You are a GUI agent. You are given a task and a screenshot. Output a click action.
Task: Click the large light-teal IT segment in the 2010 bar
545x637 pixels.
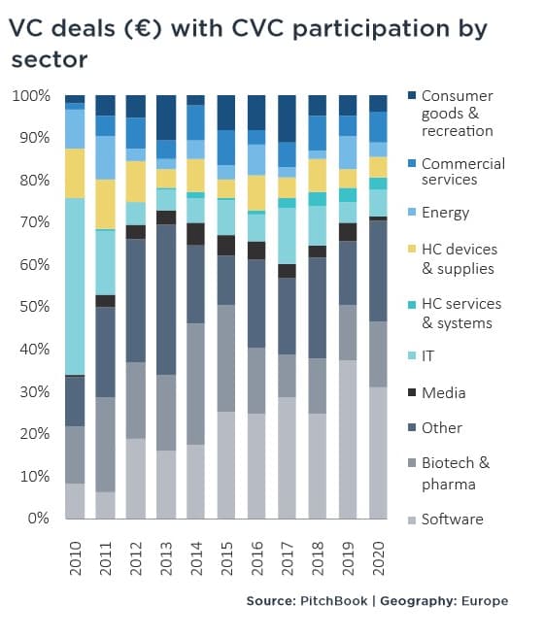(x=75, y=286)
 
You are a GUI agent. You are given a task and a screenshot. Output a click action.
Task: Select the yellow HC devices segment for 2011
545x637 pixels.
(x=105, y=204)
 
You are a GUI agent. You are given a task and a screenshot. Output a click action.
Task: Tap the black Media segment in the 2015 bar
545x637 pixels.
(x=226, y=245)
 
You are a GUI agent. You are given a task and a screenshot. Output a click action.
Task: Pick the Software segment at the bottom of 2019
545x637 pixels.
(x=348, y=439)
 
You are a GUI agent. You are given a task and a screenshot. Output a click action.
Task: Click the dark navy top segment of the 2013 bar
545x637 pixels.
(x=166, y=117)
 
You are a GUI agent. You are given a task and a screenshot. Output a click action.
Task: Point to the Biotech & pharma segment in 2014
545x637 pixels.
(x=196, y=384)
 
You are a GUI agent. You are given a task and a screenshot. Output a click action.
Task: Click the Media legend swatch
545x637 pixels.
(x=412, y=392)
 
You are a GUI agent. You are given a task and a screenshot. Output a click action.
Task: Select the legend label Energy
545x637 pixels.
(x=446, y=212)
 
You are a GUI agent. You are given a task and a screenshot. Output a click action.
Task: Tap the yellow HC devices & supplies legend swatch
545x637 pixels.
(x=412, y=249)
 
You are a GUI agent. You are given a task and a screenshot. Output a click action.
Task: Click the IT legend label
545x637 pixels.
(x=427, y=355)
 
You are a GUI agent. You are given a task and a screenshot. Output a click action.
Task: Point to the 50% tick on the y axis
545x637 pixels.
(x=35, y=306)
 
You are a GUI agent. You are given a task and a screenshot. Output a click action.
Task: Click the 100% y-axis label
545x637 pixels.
(x=31, y=96)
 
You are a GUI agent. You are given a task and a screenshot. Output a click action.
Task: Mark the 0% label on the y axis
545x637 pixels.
(x=39, y=518)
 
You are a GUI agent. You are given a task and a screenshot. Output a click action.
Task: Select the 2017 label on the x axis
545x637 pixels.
(x=287, y=558)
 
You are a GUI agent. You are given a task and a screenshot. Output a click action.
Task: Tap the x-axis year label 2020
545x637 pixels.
(x=378, y=558)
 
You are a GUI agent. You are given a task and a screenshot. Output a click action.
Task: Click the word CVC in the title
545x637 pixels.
(x=256, y=28)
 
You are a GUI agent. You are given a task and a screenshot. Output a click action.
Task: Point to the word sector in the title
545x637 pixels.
(x=50, y=60)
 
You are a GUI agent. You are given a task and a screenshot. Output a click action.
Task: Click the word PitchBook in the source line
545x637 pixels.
(x=333, y=601)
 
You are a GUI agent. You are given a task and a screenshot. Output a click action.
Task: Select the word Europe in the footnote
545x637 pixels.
(x=485, y=601)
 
